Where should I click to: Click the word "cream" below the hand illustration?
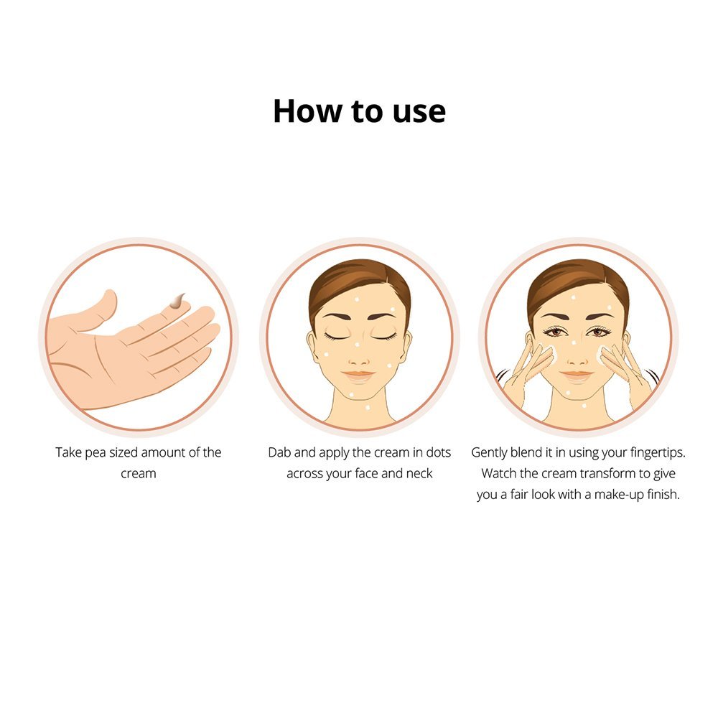139,473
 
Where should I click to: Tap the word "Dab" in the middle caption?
279,452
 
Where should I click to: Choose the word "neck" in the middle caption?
419,473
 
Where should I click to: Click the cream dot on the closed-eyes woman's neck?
368,406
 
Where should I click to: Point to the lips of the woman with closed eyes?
358,376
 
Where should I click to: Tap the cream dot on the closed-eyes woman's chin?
352,393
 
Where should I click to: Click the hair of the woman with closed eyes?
359,281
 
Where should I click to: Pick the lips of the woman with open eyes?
577,376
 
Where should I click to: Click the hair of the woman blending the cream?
578,281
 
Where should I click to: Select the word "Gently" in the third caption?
488,453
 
